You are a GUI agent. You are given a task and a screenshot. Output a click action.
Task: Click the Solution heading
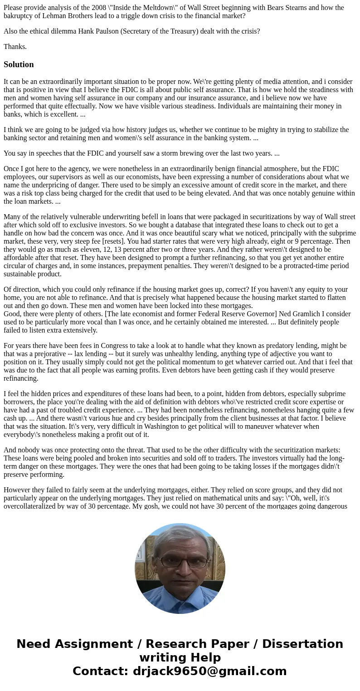click(x=19, y=64)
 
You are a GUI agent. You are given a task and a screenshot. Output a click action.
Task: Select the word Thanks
click(x=15, y=47)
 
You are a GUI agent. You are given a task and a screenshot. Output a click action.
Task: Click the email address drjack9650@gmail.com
click(x=210, y=671)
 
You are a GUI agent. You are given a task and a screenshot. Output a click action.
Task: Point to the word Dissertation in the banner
click(x=302, y=644)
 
